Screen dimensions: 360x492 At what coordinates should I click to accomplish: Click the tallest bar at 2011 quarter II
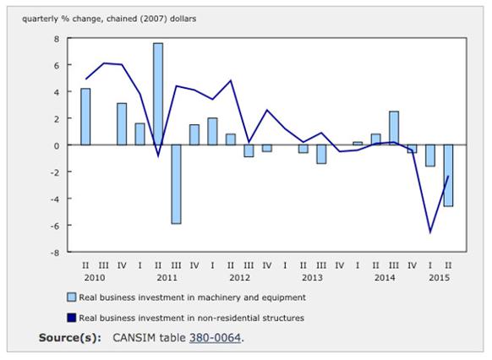(x=158, y=94)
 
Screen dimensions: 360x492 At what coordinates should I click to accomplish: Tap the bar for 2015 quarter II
(x=448, y=175)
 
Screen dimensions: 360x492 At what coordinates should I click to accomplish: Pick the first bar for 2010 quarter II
(x=85, y=117)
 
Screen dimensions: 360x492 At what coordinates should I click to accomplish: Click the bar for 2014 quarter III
(x=393, y=128)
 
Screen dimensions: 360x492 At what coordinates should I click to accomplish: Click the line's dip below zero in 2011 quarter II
(x=158, y=155)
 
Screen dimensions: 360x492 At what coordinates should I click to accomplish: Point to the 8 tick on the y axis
(x=57, y=39)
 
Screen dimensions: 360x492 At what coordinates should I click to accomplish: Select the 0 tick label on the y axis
(x=57, y=145)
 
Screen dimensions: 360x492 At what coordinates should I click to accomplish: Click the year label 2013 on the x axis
(x=312, y=277)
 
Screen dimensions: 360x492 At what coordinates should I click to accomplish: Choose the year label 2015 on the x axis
(x=439, y=277)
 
